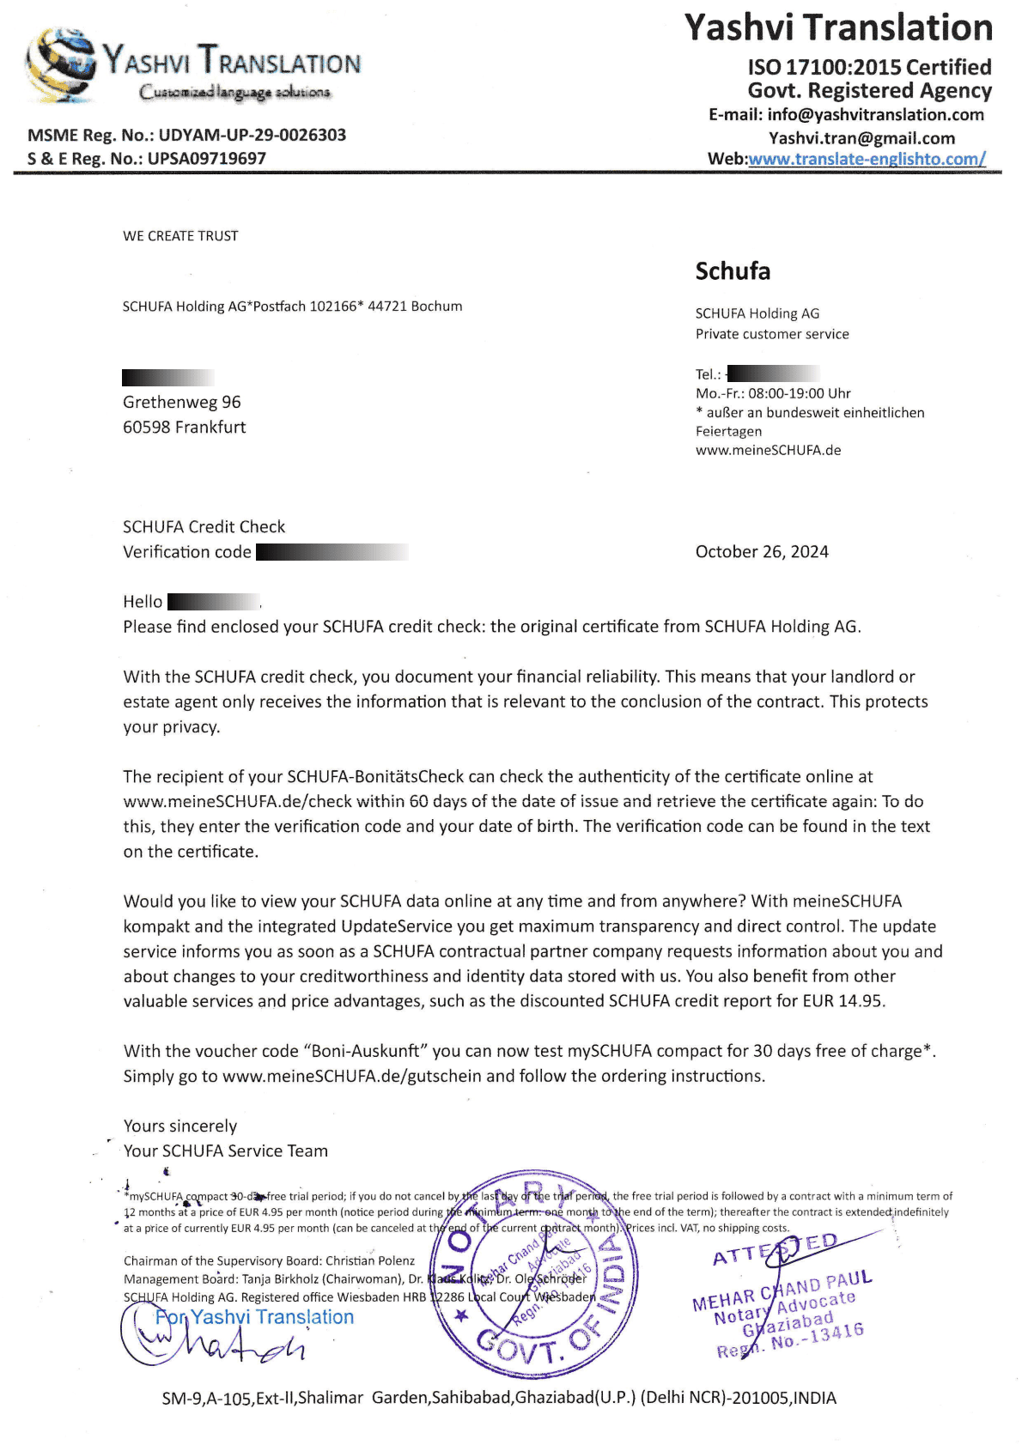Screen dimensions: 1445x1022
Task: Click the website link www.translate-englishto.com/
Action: [867, 159]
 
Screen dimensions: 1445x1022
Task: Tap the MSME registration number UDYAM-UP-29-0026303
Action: [252, 135]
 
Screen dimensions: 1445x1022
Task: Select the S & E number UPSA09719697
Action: [207, 159]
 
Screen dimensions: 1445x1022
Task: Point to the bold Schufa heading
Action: [733, 271]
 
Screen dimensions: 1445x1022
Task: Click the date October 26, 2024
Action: [762, 552]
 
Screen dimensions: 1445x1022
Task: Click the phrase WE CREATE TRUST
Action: [180, 236]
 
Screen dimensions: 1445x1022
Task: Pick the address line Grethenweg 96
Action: [182, 402]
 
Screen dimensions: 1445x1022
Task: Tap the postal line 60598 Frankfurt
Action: [185, 428]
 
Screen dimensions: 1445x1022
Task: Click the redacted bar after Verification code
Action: [332, 552]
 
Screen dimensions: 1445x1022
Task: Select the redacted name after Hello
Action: [213, 602]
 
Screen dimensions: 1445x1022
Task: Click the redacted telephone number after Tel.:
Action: [773, 373]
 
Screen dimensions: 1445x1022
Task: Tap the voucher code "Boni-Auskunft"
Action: [366, 1051]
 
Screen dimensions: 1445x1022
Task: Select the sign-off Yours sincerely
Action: [180, 1126]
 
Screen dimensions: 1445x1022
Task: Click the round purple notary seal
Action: [538, 1272]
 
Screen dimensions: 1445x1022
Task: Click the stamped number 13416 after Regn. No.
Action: [836, 1333]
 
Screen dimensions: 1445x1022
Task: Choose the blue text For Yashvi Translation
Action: [254, 1317]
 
